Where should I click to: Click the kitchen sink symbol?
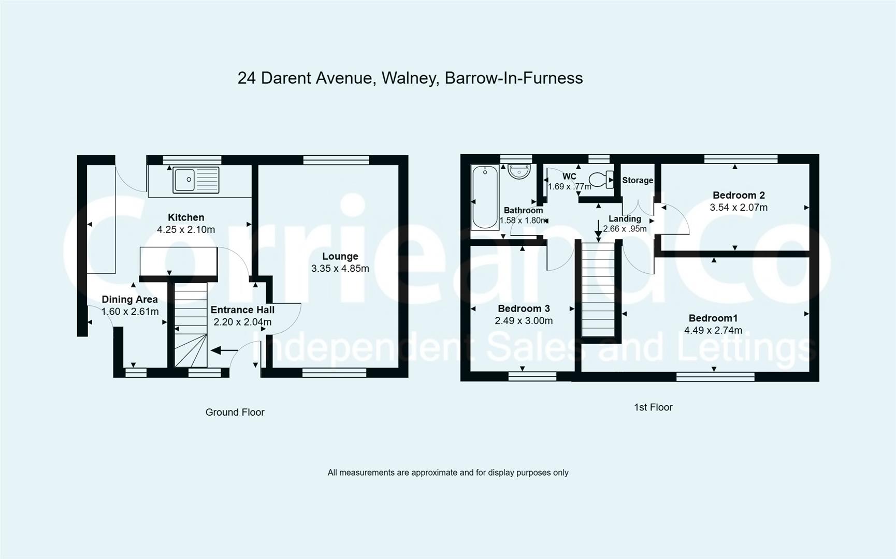pyautogui.click(x=196, y=180)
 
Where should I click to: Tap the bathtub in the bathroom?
pyautogui.click(x=485, y=197)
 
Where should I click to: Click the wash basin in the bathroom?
pyautogui.click(x=518, y=171)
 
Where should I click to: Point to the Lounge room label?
pyautogui.click(x=340, y=256)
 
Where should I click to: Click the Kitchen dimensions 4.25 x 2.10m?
pyautogui.click(x=186, y=229)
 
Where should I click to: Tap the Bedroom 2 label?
pyautogui.click(x=739, y=195)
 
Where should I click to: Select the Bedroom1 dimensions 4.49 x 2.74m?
pyautogui.click(x=713, y=330)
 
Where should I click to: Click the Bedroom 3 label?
pyautogui.click(x=524, y=308)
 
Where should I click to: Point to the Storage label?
pyautogui.click(x=637, y=180)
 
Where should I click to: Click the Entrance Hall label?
pyautogui.click(x=242, y=310)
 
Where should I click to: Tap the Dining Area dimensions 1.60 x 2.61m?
pyautogui.click(x=130, y=312)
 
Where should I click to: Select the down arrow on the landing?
pyautogui.click(x=598, y=230)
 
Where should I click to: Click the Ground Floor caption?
pyautogui.click(x=235, y=412)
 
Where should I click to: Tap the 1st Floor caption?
pyautogui.click(x=653, y=407)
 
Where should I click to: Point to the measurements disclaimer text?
pyautogui.click(x=448, y=473)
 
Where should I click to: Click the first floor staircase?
pyautogui.click(x=600, y=290)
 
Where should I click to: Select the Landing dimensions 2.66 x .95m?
pyautogui.click(x=625, y=229)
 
